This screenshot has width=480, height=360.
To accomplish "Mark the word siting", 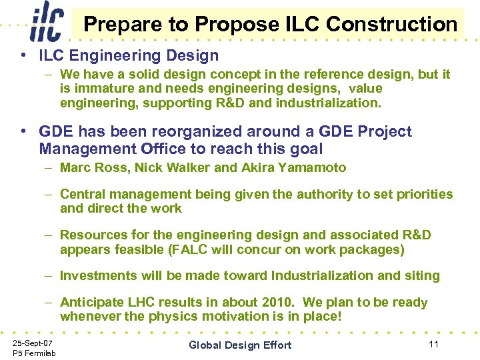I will [421, 276].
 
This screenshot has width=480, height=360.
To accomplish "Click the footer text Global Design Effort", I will [240, 345].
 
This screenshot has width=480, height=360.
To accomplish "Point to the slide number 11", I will [433, 343].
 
